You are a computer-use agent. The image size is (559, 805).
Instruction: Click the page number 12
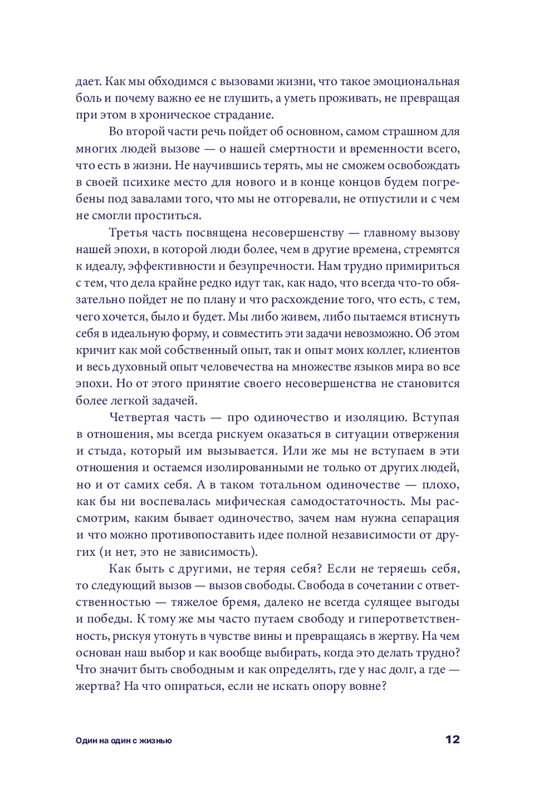(452, 740)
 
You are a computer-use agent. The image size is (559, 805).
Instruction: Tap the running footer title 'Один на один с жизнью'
(124, 741)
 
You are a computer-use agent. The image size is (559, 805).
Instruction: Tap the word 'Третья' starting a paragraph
(128, 233)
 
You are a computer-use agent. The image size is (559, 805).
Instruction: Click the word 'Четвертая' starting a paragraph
(136, 417)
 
